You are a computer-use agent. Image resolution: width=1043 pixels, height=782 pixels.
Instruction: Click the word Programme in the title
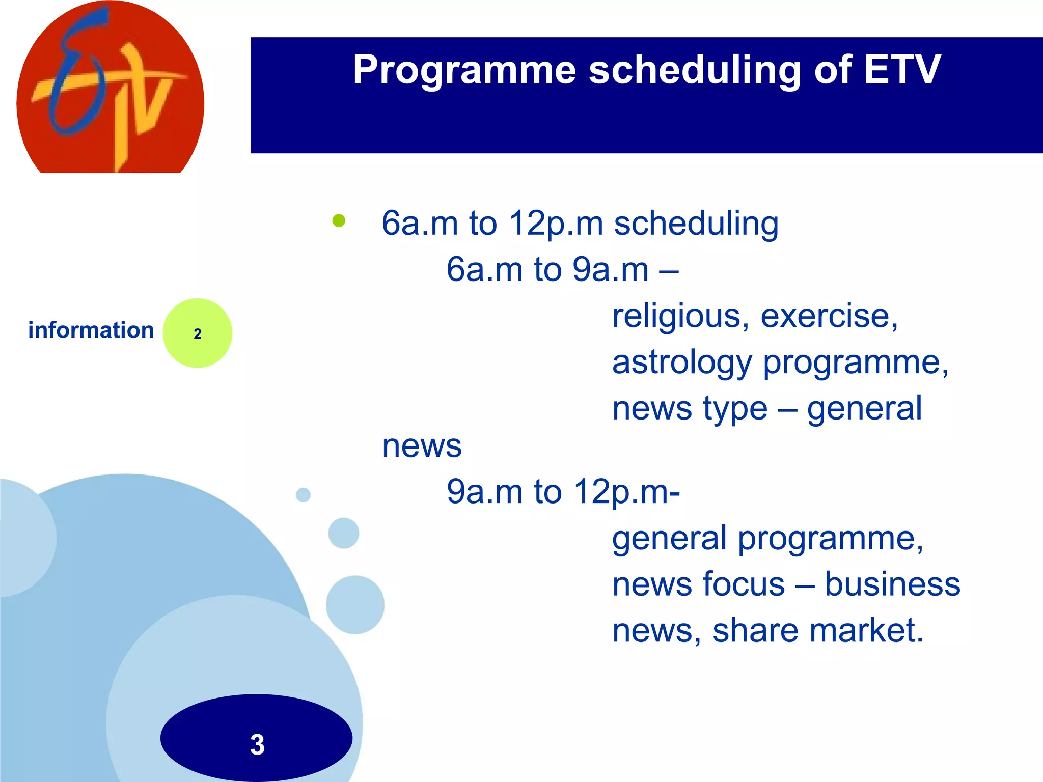click(464, 70)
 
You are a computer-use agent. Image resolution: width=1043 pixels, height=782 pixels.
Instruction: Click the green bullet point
click(339, 221)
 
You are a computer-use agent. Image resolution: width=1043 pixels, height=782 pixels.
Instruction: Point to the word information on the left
click(91, 330)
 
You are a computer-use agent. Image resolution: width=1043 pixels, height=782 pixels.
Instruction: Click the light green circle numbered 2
click(198, 333)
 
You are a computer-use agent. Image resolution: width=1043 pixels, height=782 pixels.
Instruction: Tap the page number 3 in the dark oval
click(257, 744)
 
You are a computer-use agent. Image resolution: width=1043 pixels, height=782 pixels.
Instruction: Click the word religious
click(680, 317)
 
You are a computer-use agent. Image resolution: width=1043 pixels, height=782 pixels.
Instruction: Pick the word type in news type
click(734, 409)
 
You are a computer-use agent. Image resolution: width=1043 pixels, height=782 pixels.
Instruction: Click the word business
click(892, 584)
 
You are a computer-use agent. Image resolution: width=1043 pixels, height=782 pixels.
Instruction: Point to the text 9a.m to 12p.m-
click(563, 492)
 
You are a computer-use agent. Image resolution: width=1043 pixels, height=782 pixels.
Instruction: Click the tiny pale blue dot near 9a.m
click(303, 495)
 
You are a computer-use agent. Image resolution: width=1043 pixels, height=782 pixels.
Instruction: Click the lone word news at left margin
click(422, 446)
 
